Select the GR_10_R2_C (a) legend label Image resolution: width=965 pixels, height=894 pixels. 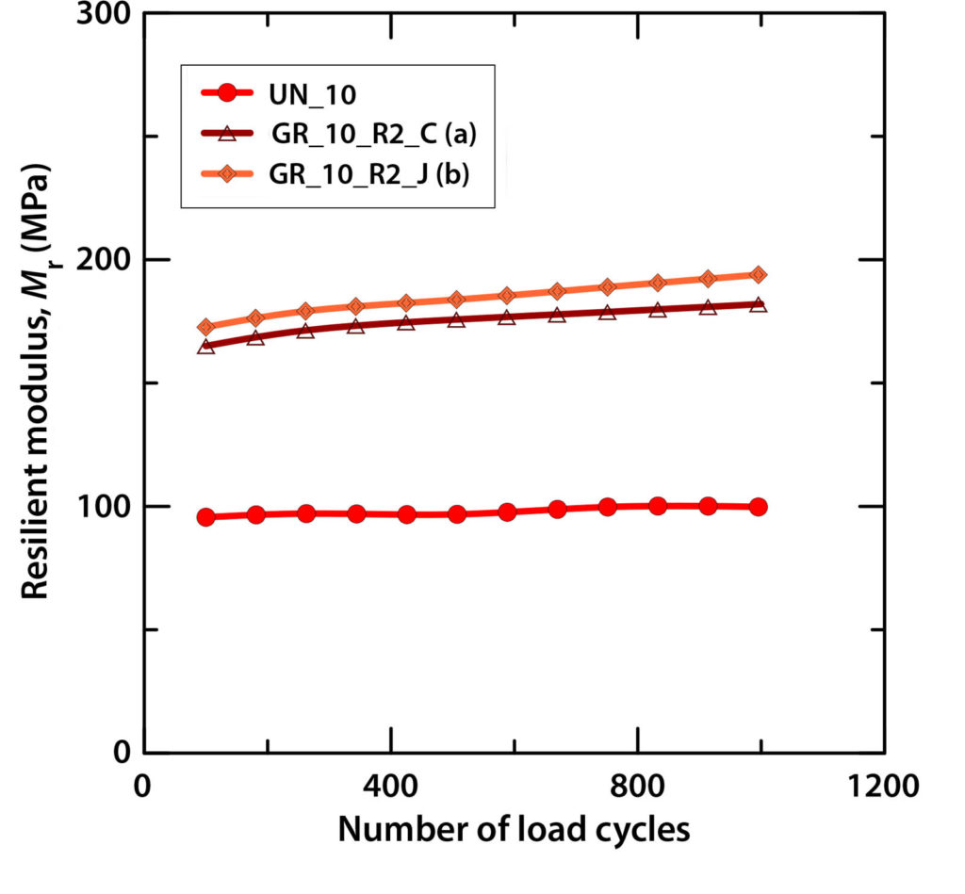(374, 136)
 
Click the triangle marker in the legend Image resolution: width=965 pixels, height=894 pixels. (226, 136)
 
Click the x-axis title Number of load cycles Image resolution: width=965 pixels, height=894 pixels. (514, 830)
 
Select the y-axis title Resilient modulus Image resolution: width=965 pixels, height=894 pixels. (36, 382)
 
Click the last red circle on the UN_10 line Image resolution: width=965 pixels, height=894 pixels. (758, 507)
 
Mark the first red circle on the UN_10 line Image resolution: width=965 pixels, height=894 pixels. (205, 517)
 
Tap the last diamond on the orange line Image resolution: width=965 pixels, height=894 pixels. (758, 274)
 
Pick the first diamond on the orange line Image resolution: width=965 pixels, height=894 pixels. (205, 328)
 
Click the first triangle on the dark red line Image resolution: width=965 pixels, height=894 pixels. (205, 347)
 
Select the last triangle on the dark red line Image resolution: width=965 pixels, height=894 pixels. (758, 304)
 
